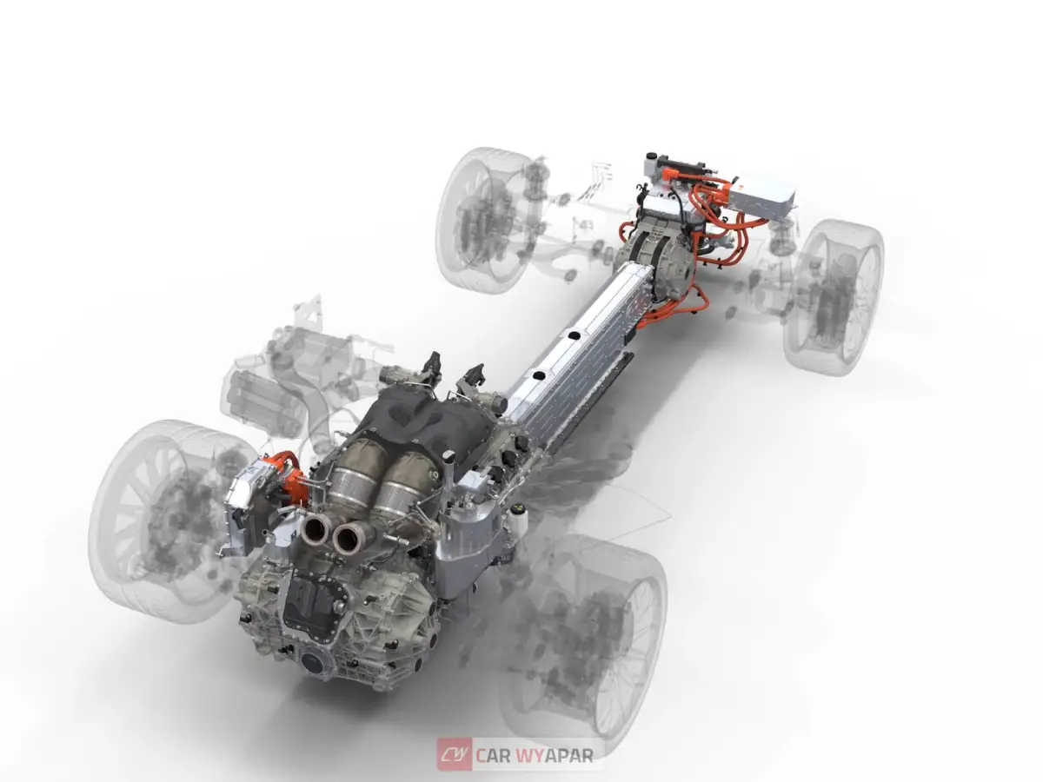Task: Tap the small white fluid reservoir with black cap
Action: pos(519,522)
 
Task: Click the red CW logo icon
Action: pos(454,754)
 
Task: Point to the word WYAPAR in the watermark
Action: pos(556,755)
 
